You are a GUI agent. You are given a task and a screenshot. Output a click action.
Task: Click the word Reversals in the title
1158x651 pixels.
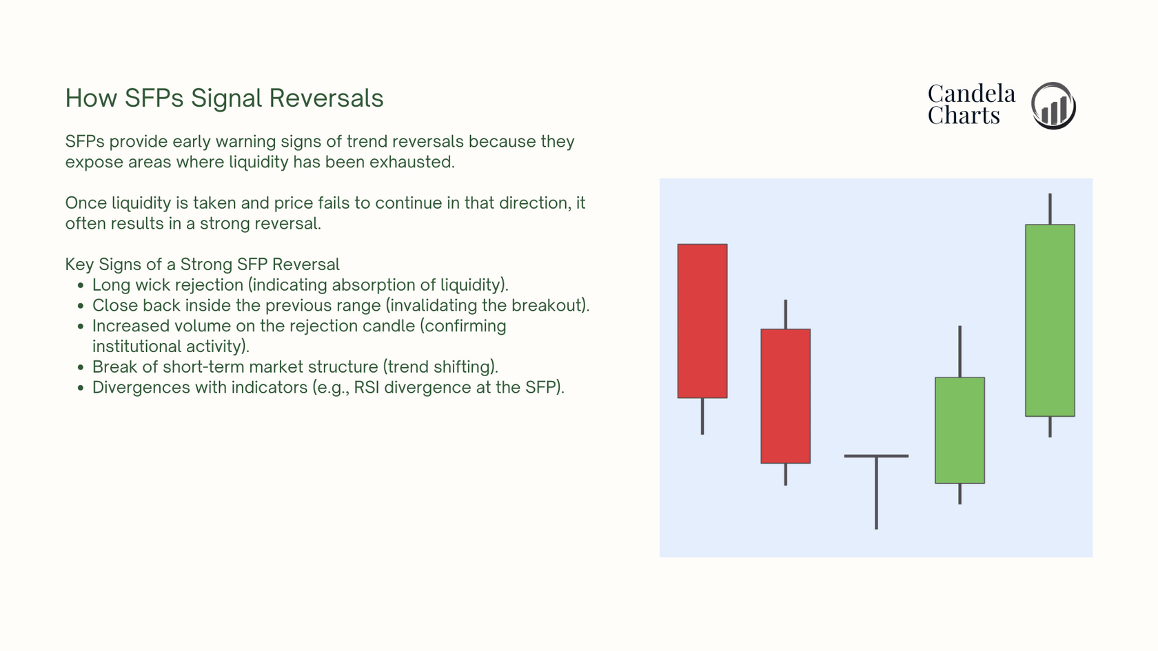click(326, 98)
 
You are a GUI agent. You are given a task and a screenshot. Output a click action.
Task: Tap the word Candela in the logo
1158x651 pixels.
click(971, 94)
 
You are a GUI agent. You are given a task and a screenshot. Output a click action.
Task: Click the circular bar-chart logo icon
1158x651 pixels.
click(1053, 105)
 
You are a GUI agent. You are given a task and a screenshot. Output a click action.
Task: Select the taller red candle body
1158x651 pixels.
click(702, 321)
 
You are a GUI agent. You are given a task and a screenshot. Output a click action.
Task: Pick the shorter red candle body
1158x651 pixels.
click(785, 395)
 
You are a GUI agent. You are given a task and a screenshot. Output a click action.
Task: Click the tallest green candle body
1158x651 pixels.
click(1050, 320)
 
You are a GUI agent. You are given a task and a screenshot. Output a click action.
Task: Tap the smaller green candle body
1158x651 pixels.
click(959, 431)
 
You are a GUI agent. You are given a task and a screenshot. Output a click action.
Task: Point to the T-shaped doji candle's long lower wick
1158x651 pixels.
click(876, 493)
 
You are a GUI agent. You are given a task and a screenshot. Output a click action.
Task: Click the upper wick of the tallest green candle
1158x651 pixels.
click(1050, 209)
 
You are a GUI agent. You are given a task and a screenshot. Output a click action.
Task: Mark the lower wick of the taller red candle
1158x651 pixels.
click(702, 416)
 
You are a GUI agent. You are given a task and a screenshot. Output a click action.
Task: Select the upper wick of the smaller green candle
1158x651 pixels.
click(959, 351)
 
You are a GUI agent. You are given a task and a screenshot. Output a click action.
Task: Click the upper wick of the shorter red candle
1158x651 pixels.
click(785, 314)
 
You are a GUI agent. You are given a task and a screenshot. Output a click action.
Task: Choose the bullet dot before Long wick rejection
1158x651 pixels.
click(80, 285)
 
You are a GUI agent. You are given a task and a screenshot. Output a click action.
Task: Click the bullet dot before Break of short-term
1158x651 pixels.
click(80, 367)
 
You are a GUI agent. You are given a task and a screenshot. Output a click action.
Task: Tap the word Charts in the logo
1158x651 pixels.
click(964, 115)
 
